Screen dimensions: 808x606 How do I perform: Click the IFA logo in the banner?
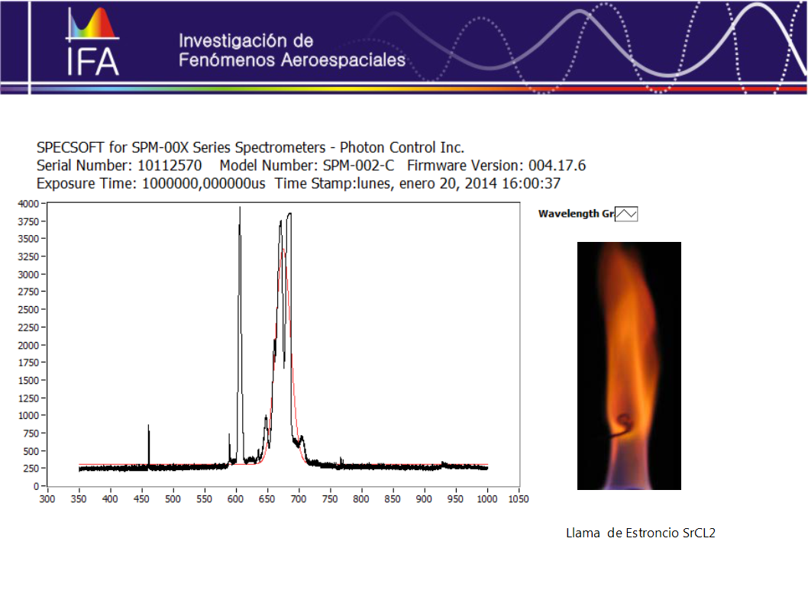tap(93, 42)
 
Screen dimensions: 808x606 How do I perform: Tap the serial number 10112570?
tap(170, 166)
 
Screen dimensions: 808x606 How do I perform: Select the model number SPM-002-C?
tap(358, 166)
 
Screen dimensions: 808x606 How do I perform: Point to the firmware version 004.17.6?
tap(557, 166)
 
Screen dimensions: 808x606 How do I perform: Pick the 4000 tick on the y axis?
tap(28, 203)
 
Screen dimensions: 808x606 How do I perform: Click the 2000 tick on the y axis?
tap(28, 345)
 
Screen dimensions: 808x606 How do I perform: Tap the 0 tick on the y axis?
tap(36, 486)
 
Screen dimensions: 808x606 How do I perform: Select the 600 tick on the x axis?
tap(235, 499)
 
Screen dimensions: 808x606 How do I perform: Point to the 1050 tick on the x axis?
tap(519, 499)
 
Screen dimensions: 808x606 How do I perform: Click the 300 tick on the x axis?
tap(47, 499)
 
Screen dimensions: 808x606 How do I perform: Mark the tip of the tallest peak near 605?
tap(240, 207)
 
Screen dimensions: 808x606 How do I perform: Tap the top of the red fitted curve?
tap(283, 250)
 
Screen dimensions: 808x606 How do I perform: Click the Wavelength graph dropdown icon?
tap(626, 214)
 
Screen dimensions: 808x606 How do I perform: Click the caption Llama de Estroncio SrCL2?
tap(641, 533)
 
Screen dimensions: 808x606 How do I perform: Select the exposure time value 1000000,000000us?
tap(204, 183)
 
